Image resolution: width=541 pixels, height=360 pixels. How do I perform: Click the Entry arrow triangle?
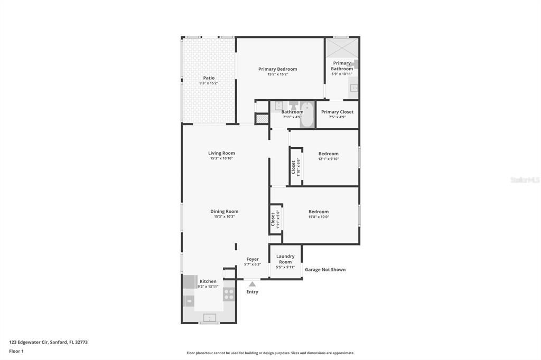(x=252, y=284)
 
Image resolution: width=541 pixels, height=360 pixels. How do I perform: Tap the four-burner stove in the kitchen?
(x=229, y=294)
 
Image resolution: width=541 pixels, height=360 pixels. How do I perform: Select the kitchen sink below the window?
(x=209, y=317)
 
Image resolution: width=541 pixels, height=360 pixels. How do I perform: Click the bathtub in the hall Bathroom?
(x=307, y=115)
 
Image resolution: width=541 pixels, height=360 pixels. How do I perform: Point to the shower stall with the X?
(x=342, y=48)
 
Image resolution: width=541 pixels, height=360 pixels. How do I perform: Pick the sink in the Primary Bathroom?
(x=353, y=88)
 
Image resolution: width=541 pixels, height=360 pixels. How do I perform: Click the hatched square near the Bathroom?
(x=262, y=119)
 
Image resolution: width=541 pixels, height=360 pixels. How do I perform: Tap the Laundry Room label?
(x=285, y=259)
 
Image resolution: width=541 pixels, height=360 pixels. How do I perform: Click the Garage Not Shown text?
(x=325, y=270)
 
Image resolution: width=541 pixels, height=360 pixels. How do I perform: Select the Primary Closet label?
(x=337, y=112)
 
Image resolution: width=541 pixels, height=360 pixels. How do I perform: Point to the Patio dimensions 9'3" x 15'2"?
(x=209, y=83)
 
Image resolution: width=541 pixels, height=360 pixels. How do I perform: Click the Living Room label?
(x=221, y=153)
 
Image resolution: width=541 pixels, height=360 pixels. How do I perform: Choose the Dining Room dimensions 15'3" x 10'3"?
(x=224, y=216)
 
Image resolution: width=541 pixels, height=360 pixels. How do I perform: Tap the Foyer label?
(x=253, y=259)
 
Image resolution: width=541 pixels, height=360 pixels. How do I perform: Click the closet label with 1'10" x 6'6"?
(x=295, y=167)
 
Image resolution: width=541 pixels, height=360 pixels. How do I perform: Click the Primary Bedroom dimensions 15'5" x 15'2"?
(x=277, y=74)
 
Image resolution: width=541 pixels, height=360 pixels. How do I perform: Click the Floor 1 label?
(x=16, y=351)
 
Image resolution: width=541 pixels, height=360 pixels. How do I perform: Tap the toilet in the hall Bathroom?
(x=294, y=106)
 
